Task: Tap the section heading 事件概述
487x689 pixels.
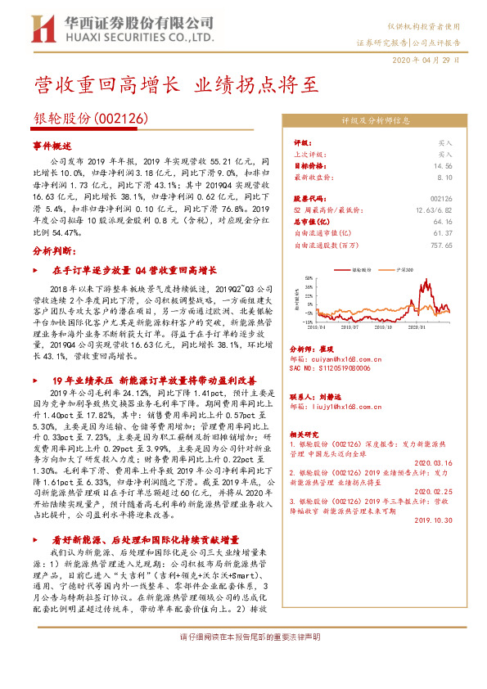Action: [x=52, y=145]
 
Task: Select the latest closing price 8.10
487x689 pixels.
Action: [x=444, y=176]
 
